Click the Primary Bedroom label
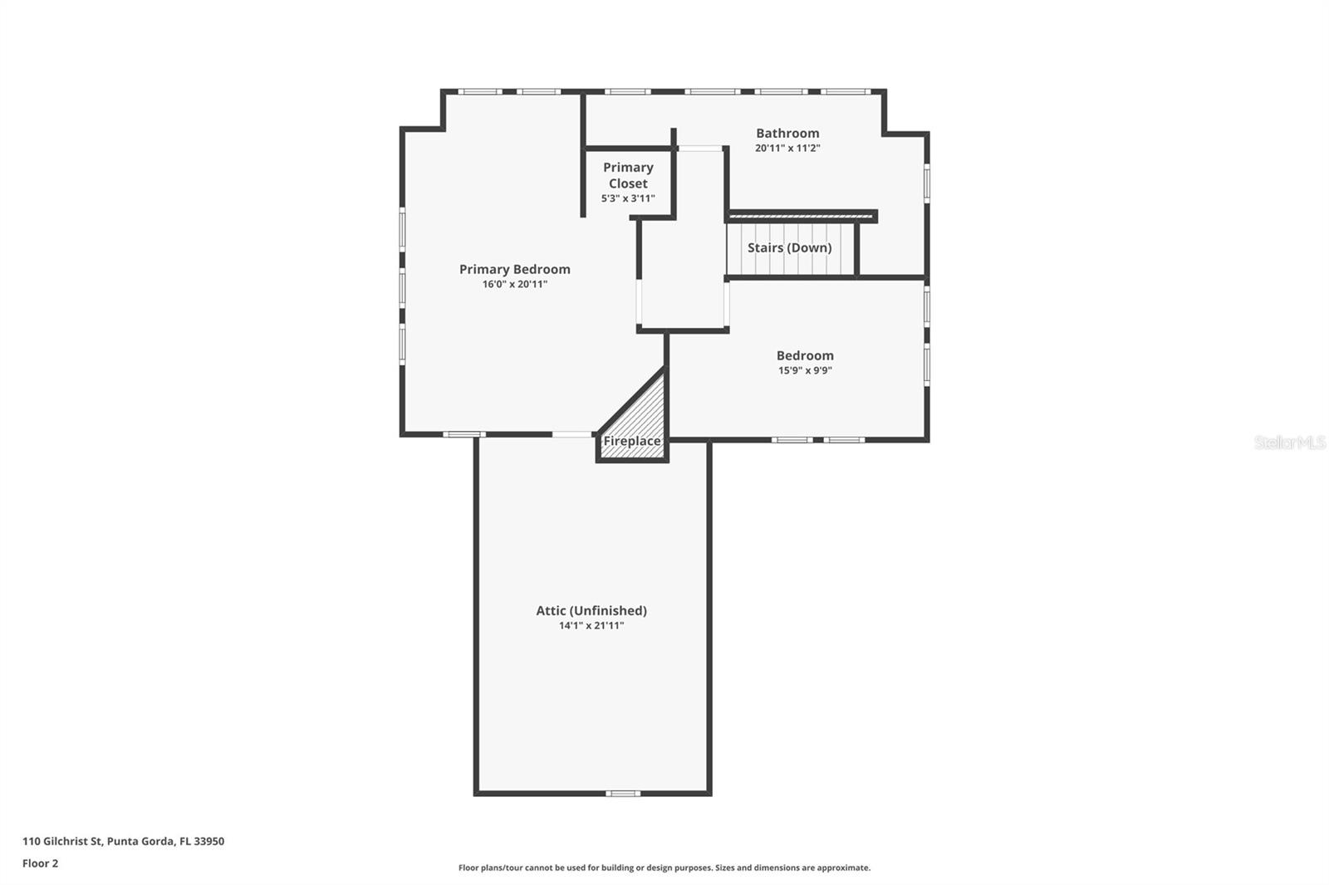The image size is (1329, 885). tap(514, 269)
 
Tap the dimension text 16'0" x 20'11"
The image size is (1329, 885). tap(514, 285)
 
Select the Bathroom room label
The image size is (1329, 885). tap(787, 133)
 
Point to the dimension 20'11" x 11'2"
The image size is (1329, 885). tap(787, 149)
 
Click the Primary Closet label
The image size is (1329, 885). tap(628, 175)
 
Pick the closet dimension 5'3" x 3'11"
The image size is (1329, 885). tap(628, 198)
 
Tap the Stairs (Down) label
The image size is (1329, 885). tap(789, 247)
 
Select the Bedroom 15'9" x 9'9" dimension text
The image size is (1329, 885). tap(804, 371)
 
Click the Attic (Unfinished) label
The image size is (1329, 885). tap(591, 610)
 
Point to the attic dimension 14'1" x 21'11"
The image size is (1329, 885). tap(591, 626)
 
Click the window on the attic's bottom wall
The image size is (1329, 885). tap(623, 794)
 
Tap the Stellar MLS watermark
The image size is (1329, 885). tap(1289, 442)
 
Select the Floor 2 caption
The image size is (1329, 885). tap(40, 863)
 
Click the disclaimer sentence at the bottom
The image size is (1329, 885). tap(664, 868)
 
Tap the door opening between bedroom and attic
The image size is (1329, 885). tap(572, 434)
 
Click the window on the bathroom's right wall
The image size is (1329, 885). tap(927, 183)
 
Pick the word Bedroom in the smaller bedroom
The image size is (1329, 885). tap(804, 355)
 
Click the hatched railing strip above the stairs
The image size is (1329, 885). tap(801, 217)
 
